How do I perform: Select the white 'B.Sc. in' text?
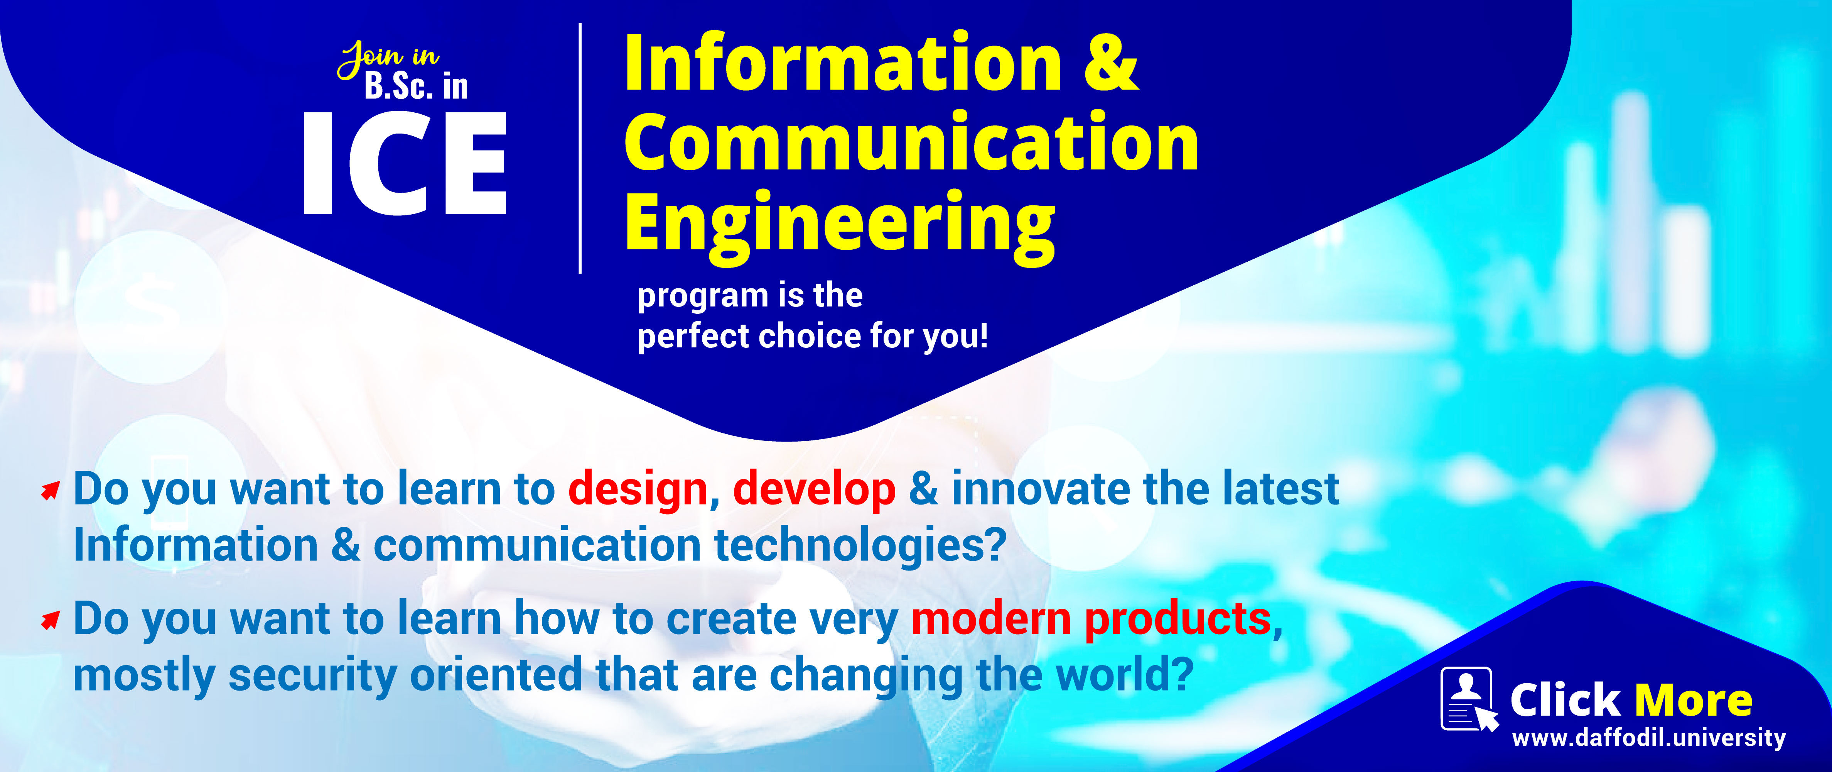click(416, 86)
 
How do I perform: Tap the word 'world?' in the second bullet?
click(1124, 674)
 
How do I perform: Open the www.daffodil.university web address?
click(1648, 738)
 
